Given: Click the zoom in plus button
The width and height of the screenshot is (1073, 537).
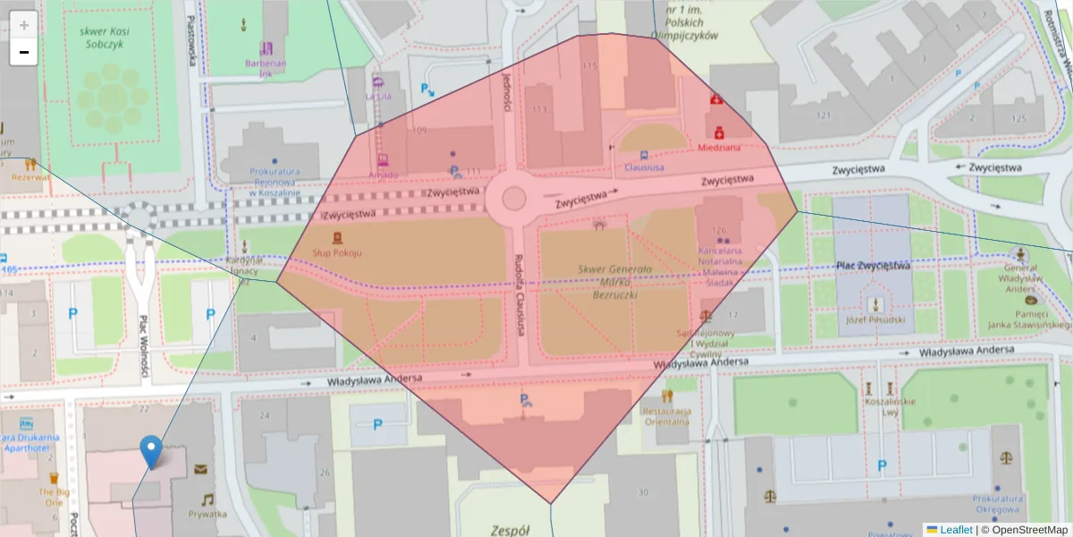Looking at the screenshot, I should (24, 24).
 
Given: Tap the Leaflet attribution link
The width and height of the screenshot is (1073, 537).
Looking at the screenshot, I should (955, 530).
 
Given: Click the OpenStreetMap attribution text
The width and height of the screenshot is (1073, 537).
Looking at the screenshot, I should (1024, 530).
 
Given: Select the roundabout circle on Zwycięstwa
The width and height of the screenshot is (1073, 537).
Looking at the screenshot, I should (513, 197).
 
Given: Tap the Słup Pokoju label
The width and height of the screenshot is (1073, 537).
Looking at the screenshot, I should (337, 253).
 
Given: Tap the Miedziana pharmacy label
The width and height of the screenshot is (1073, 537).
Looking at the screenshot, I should (719, 148).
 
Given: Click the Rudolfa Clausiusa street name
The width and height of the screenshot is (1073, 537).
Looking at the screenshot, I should (518, 295).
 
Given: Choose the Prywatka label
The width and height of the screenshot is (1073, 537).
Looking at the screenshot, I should (207, 514).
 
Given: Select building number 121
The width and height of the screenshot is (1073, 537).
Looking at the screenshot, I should (823, 115).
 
